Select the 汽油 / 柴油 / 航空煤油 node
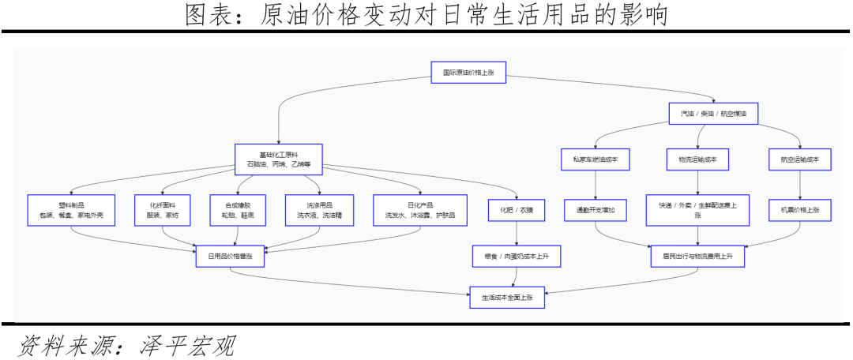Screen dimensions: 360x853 point(713,114)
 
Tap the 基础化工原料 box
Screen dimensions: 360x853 point(279,159)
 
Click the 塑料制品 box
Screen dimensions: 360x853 point(71,209)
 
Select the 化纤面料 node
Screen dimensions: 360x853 point(162,209)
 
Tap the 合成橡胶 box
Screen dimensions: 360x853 point(238,209)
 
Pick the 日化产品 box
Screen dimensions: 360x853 point(419,209)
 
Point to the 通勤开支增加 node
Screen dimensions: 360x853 point(596,211)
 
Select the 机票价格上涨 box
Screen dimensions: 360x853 point(800,211)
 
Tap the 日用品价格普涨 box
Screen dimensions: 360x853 point(230,256)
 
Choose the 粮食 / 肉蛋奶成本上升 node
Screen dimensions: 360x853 point(517,256)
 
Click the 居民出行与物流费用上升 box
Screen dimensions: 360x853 point(697,256)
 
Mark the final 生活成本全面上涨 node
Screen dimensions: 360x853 point(508,298)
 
